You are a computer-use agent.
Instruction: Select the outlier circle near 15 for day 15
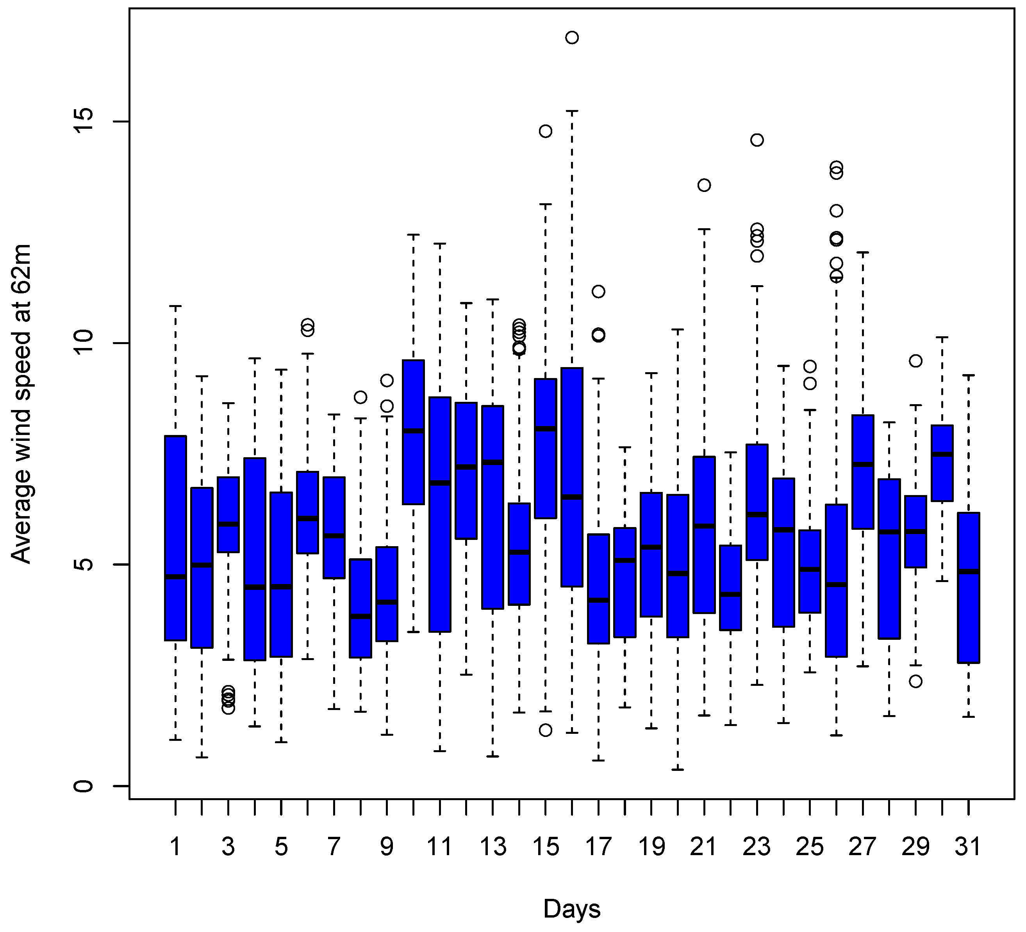[x=545, y=131]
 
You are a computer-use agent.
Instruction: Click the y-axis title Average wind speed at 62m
[x=21, y=404]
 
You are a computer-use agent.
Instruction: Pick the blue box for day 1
[x=175, y=538]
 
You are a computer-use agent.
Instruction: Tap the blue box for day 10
[x=413, y=432]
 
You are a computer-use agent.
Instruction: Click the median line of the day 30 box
[x=942, y=454]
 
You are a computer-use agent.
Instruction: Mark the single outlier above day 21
[x=704, y=185]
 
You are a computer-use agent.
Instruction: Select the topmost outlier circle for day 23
[x=757, y=140]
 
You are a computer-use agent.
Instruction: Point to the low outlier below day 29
[x=915, y=681]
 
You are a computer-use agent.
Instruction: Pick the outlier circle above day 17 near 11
[x=598, y=291]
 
